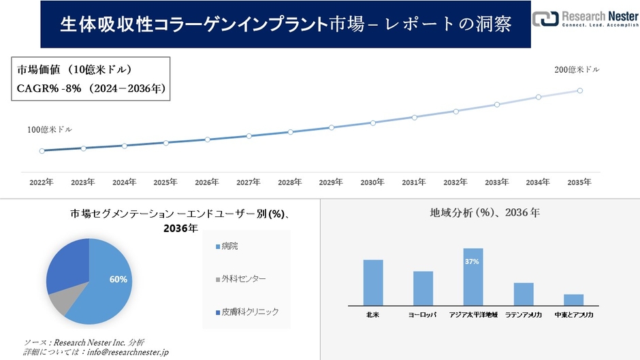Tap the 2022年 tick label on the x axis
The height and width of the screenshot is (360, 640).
coord(42,182)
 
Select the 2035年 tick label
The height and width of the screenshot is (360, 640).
coord(579,182)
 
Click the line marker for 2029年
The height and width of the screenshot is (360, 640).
coord(332,127)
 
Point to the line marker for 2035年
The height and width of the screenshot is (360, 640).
coord(580,90)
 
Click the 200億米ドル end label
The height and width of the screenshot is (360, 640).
coord(577,69)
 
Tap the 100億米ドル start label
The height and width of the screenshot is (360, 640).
coord(49,129)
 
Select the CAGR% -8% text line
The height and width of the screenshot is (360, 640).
coord(91,88)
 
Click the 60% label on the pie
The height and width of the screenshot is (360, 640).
coord(118,280)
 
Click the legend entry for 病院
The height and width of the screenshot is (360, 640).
coord(229,246)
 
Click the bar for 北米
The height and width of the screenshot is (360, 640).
coord(373,282)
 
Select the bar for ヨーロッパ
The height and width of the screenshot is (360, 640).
coord(423,288)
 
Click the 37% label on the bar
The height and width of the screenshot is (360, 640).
coord(473,261)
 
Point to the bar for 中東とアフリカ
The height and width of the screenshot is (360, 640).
coord(573,299)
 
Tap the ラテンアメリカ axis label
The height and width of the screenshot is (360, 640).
coord(523,315)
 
